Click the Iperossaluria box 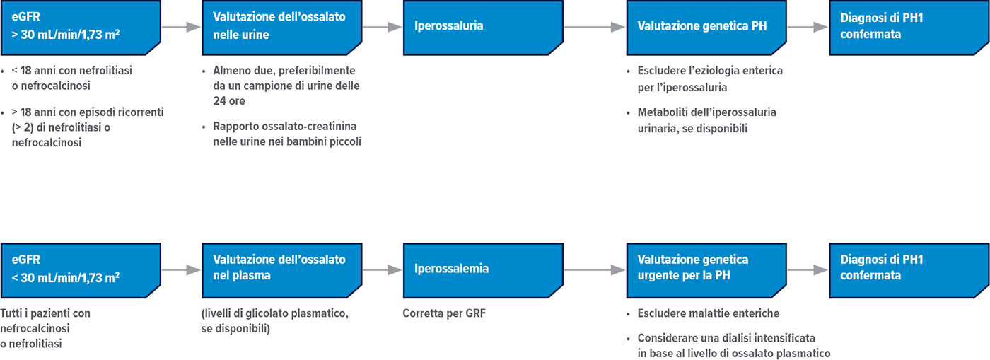(x=483, y=27)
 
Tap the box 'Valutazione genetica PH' (x=706, y=27)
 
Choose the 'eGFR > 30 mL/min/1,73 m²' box (x=80, y=27)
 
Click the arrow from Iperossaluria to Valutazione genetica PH (x=594, y=27)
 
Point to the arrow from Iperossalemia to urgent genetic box (x=594, y=269)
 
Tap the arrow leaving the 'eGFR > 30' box (x=181, y=27)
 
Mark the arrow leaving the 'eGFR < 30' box (x=181, y=269)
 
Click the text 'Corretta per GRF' (x=444, y=313)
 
